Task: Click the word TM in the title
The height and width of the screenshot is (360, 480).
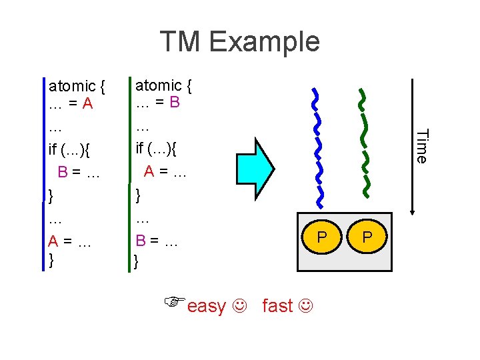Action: pyautogui.click(x=181, y=41)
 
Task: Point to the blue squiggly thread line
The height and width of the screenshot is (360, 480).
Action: pyautogui.click(x=319, y=147)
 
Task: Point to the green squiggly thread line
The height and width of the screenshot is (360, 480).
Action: pyautogui.click(x=365, y=143)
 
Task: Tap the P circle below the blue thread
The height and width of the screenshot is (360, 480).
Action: pyautogui.click(x=322, y=237)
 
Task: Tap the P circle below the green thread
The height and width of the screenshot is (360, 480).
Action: pyautogui.click(x=367, y=237)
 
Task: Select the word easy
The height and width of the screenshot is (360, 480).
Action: pyautogui.click(x=207, y=306)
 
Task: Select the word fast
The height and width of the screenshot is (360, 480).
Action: pyautogui.click(x=277, y=306)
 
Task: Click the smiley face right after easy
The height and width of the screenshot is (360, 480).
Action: pyautogui.click(x=239, y=306)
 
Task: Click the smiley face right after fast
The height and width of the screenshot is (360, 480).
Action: pyautogui.click(x=305, y=306)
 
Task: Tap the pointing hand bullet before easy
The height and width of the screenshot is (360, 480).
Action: pyautogui.click(x=175, y=302)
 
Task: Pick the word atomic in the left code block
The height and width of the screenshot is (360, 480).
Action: pyautogui.click(x=72, y=86)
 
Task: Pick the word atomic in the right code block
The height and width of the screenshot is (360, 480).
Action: pyautogui.click(x=159, y=85)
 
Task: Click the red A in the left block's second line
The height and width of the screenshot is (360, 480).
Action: pyautogui.click(x=88, y=105)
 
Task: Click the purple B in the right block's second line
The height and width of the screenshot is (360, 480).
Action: pyautogui.click(x=175, y=104)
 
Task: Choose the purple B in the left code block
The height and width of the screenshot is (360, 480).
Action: pyautogui.click(x=63, y=172)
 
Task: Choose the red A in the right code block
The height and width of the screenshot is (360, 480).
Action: pyautogui.click(x=150, y=171)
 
